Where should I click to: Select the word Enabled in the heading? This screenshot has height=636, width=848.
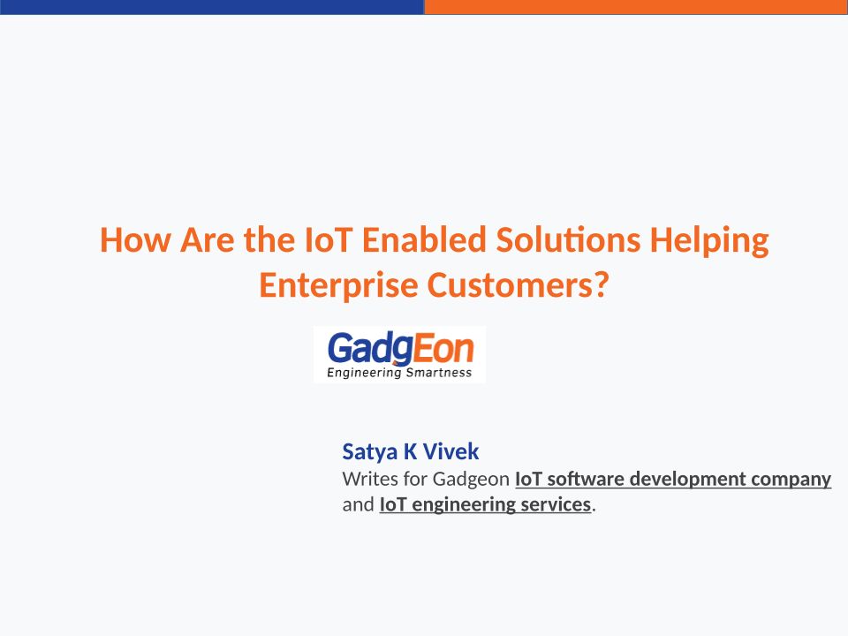[x=424, y=239]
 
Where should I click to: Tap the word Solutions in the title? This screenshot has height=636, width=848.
[x=568, y=239]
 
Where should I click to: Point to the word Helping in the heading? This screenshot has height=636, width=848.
[x=709, y=241]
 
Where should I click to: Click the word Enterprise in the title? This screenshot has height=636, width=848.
[x=338, y=285]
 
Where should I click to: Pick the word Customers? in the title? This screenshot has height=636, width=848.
[x=519, y=284]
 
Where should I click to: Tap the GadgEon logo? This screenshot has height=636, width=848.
[x=399, y=355]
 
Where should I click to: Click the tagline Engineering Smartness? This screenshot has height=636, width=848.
[x=399, y=373]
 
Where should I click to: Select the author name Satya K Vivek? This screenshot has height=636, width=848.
[x=411, y=451]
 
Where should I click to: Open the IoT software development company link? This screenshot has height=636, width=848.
[x=673, y=479]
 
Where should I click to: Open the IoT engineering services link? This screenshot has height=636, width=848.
[x=485, y=504]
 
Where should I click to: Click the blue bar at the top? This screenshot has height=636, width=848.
[x=212, y=7]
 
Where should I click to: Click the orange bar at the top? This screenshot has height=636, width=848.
[x=636, y=7]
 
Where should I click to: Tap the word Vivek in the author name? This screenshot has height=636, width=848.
[x=450, y=451]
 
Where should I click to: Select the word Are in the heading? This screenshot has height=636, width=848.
[x=207, y=240]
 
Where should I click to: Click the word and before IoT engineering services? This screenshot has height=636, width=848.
[x=358, y=504]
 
